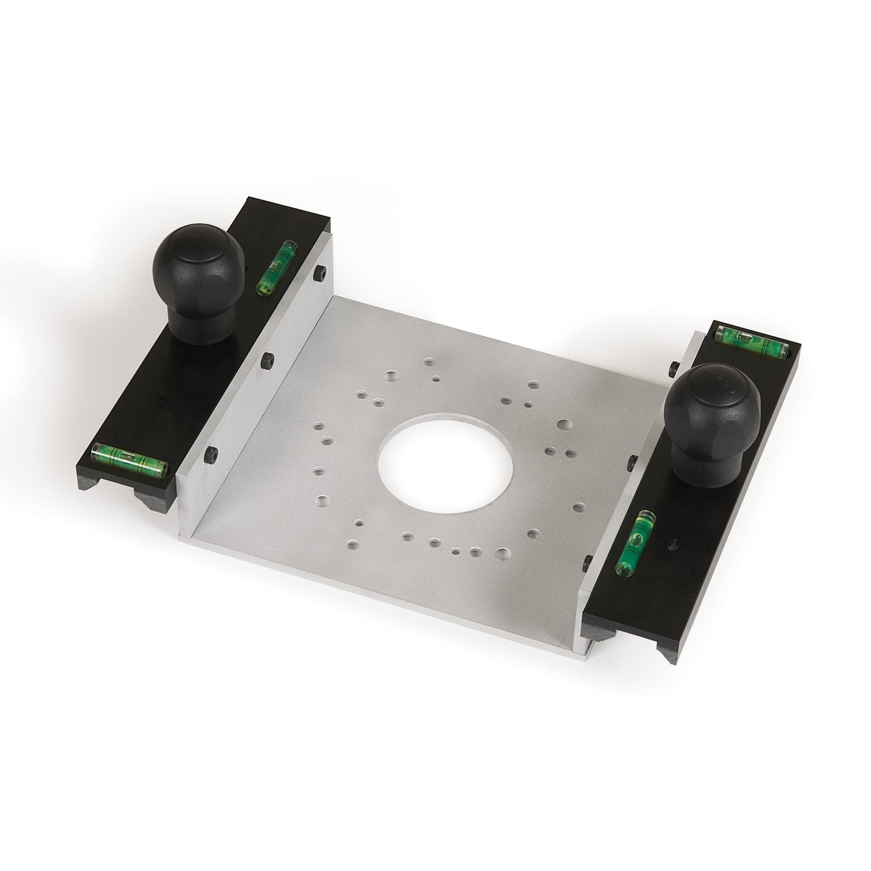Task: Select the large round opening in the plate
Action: click(445, 468)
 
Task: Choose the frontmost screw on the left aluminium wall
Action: click(211, 452)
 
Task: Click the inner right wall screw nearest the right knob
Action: click(630, 461)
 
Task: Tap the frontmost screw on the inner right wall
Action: click(586, 565)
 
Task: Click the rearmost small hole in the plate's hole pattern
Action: click(429, 363)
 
